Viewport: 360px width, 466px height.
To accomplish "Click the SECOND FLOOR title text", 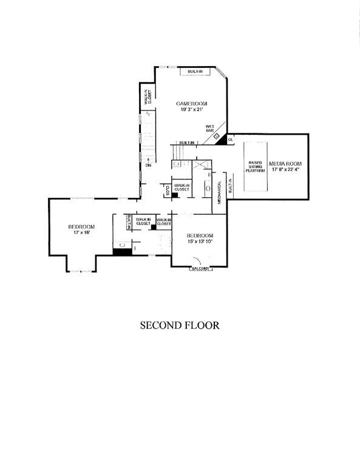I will pyautogui.click(x=180, y=325).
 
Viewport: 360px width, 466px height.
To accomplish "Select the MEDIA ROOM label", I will pyautogui.click(x=285, y=164).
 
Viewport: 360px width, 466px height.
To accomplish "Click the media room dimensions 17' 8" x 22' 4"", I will pyautogui.click(x=285, y=171).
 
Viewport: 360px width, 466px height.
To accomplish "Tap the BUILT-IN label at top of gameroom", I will pyautogui.click(x=195, y=73).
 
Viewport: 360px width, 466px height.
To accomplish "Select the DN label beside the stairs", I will pyautogui.click(x=148, y=164).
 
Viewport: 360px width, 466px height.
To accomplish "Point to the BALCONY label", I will pyautogui.click(x=200, y=268).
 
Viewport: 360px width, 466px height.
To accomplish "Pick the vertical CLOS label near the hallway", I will pyautogui.click(x=167, y=191).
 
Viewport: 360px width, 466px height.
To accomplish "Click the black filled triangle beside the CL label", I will pyautogui.click(x=223, y=140).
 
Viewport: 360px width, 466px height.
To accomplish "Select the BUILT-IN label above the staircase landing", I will pyautogui.click(x=186, y=143).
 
